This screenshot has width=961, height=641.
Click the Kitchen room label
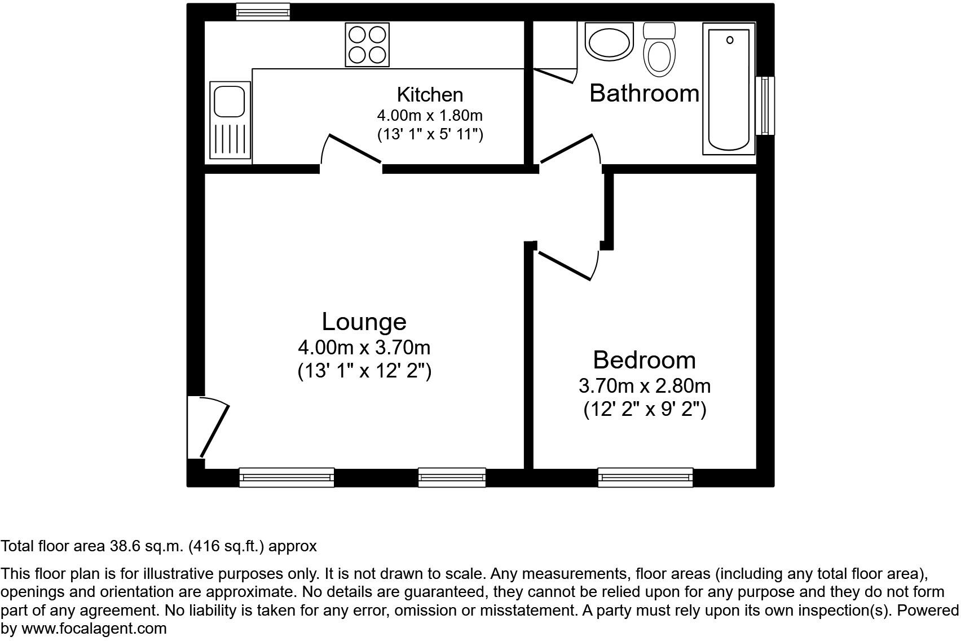pyautogui.click(x=430, y=94)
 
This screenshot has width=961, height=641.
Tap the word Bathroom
pyautogui.click(x=644, y=93)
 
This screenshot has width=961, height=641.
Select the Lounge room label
pyautogui.click(x=364, y=322)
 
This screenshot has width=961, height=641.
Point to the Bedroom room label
pyautogui.click(x=644, y=360)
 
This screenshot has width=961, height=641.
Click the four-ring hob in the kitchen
pyautogui.click(x=367, y=45)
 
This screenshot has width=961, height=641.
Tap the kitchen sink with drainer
pyautogui.click(x=230, y=120)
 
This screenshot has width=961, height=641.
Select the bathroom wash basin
pyautogui.click(x=609, y=41)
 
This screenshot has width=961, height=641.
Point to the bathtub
pyautogui.click(x=729, y=89)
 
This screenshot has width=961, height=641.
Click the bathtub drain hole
pyautogui.click(x=730, y=40)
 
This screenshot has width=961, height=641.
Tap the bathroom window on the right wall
pyautogui.click(x=765, y=106)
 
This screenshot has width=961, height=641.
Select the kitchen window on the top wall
pyautogui.click(x=263, y=11)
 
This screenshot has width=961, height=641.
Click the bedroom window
pyautogui.click(x=645, y=477)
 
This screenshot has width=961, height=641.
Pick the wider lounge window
pyautogui.click(x=286, y=477)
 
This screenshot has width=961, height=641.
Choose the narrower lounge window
pyautogui.click(x=452, y=477)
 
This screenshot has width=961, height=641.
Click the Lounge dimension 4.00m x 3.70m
pyautogui.click(x=364, y=347)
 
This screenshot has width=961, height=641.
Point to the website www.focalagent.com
pyautogui.click(x=94, y=629)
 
